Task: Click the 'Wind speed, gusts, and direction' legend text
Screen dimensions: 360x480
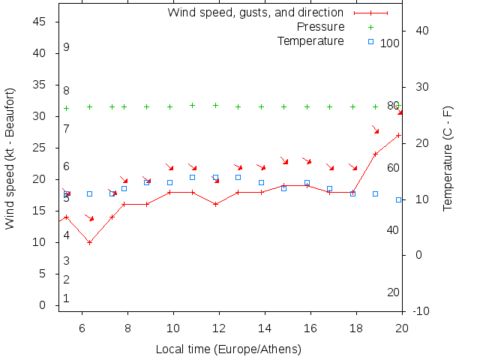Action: pyautogui.click(x=255, y=13)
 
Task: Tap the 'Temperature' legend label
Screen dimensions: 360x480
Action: pyautogui.click(x=310, y=40)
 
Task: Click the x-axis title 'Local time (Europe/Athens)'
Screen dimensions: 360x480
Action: pyautogui.click(x=228, y=349)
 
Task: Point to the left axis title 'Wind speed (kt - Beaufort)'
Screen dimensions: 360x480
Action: pyautogui.click(x=10, y=158)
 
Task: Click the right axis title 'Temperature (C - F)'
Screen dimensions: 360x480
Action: pyautogui.click(x=448, y=158)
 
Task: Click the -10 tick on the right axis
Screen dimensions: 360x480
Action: pyautogui.click(x=421, y=311)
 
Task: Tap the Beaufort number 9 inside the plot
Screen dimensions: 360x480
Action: pyautogui.click(x=67, y=47)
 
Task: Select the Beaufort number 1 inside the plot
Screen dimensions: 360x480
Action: pyautogui.click(x=67, y=298)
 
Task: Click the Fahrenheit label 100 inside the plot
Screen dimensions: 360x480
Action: pyautogui.click(x=390, y=43)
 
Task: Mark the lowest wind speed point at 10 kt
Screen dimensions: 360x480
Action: pyautogui.click(x=89, y=242)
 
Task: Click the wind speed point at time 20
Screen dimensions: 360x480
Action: pyautogui.click(x=398, y=135)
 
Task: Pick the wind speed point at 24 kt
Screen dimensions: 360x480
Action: pyautogui.click(x=376, y=154)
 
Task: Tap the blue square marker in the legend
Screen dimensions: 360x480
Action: pyautogui.click(x=370, y=41)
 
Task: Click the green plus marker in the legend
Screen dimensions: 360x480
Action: pyautogui.click(x=370, y=27)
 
